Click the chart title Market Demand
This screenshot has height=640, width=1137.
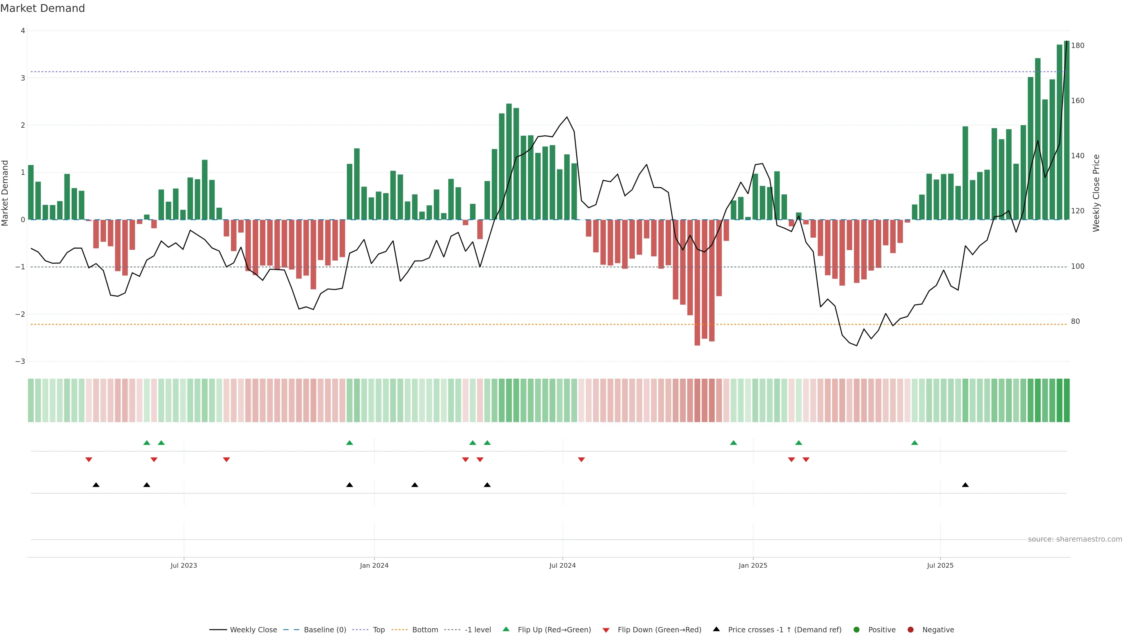tap(42, 8)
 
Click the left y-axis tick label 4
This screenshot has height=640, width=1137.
tap(23, 31)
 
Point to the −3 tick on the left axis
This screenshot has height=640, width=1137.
tap(20, 361)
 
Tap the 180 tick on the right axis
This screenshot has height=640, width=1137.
tap(1077, 46)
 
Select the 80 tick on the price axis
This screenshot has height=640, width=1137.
tap(1075, 321)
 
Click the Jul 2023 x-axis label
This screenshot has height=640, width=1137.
tap(184, 565)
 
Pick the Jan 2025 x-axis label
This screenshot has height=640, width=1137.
tap(753, 565)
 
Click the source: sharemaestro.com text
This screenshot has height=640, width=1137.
tap(1075, 539)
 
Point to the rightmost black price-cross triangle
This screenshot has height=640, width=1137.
tap(965, 485)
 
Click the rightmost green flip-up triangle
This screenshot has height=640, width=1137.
tap(915, 443)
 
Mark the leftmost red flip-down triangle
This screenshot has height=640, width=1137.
tap(89, 460)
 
